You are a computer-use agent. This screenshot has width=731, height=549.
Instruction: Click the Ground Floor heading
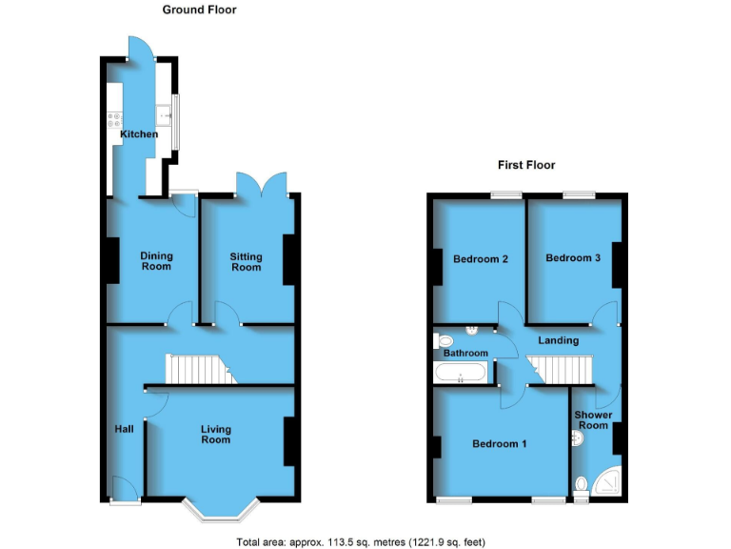click(x=198, y=10)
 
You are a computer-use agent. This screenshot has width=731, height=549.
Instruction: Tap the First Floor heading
click(x=526, y=165)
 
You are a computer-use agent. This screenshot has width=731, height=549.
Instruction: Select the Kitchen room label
click(x=139, y=134)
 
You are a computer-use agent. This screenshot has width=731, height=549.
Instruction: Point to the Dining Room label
click(x=156, y=260)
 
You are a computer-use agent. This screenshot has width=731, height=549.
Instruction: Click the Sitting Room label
click(x=246, y=261)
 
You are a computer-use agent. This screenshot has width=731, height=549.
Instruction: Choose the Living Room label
click(x=215, y=435)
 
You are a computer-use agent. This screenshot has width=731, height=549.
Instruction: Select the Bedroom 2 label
click(x=479, y=258)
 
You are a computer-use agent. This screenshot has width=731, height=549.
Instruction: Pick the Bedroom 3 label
click(x=572, y=257)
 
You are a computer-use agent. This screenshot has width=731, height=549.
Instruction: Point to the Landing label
click(x=558, y=340)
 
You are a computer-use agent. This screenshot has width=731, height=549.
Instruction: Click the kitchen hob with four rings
click(x=113, y=121)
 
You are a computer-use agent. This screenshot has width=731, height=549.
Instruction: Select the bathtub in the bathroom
click(x=462, y=373)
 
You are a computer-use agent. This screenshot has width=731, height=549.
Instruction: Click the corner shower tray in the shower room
click(x=606, y=483)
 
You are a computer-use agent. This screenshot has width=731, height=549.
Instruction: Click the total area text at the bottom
click(x=361, y=541)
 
